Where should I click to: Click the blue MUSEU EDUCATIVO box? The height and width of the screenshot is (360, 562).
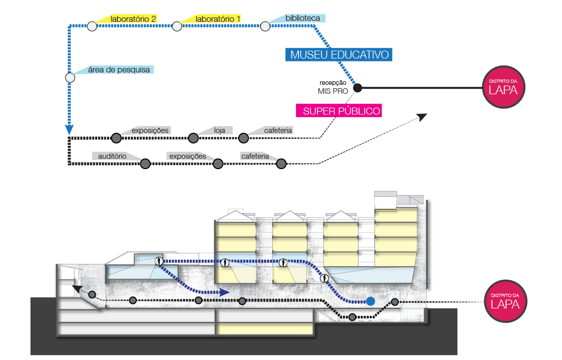pos(339,55)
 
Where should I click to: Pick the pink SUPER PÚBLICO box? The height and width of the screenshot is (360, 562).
pos(341,111)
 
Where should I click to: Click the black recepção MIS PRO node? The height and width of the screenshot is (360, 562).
pos(357,88)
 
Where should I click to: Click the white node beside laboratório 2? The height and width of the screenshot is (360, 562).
pos(92,26)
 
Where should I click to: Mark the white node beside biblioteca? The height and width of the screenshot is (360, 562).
pos(265,26)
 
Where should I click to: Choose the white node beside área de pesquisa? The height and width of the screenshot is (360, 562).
pos(70,77)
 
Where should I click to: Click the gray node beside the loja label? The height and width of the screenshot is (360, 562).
pos(193,137)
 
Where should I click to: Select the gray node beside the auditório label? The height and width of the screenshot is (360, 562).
pos(145,163)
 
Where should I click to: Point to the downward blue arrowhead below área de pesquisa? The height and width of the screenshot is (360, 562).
pos(69,130)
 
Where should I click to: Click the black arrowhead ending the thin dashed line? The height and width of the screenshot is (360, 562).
pos(422,117)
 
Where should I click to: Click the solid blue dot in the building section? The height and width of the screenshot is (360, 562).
pos(370,301)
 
